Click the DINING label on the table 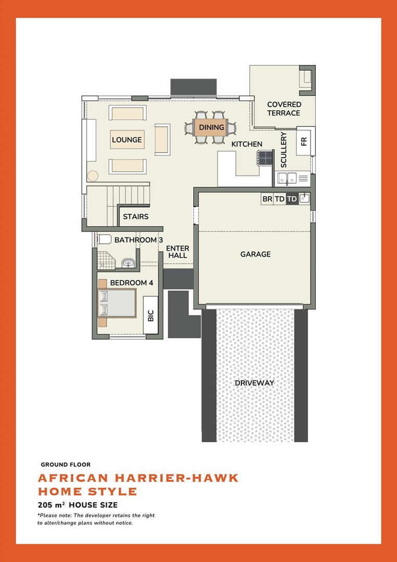(x=211, y=127)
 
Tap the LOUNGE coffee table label (x=127, y=140)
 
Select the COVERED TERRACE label (x=284, y=109)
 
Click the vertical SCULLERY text (x=284, y=150)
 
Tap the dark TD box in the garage (x=292, y=199)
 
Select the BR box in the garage (x=267, y=199)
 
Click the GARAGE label (x=255, y=254)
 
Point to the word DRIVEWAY (x=254, y=383)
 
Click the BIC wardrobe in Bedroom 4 (x=151, y=315)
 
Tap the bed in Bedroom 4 (x=117, y=303)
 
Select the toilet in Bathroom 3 (x=104, y=239)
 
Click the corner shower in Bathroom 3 (x=106, y=260)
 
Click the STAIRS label (x=136, y=216)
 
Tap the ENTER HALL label (x=178, y=252)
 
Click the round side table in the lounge (x=93, y=176)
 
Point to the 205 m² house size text (x=78, y=505)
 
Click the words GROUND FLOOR (x=66, y=465)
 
